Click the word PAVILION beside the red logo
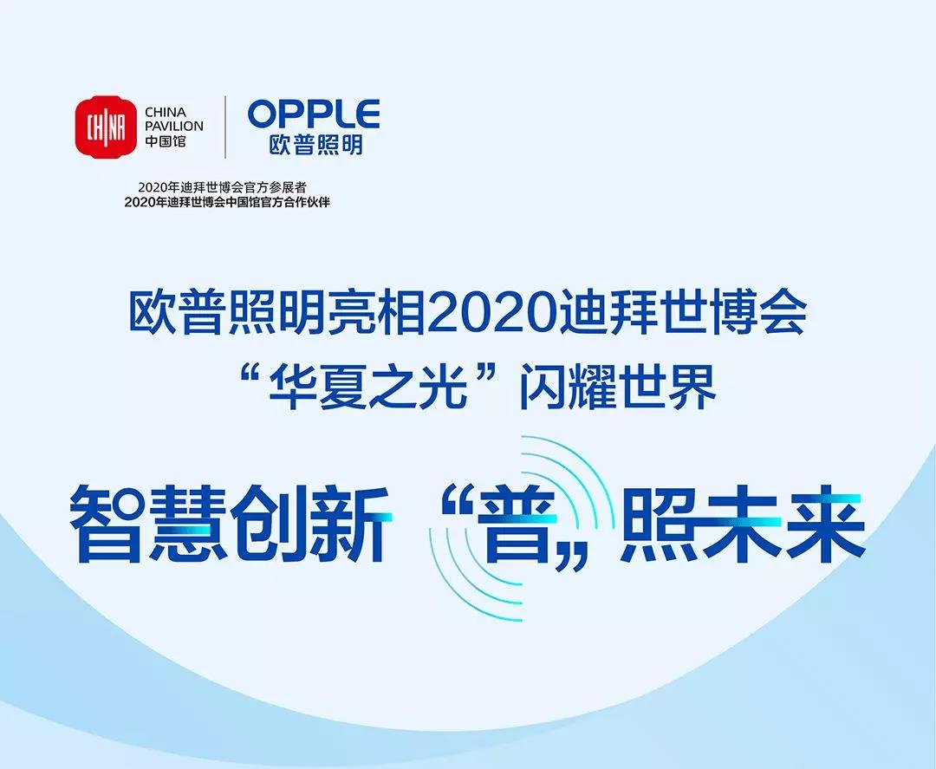point(174,126)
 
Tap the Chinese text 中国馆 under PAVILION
point(166,141)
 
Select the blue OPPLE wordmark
point(314,114)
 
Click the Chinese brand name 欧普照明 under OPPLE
point(315,145)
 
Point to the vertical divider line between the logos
point(225,127)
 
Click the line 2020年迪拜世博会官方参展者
point(223,188)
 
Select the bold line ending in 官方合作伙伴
point(227,202)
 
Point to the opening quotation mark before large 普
point(455,506)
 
